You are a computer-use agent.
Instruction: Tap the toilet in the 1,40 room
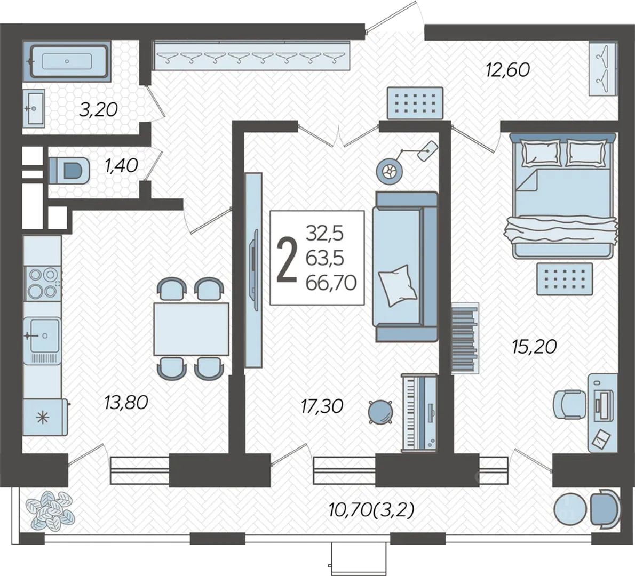tap(69, 171)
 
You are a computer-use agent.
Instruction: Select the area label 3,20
tap(98, 109)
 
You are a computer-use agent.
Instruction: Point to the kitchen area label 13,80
tap(126, 402)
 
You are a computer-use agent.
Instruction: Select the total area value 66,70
tap(331, 282)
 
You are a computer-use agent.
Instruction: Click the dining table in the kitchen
tap(191, 329)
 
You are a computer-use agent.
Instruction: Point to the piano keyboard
tap(419, 412)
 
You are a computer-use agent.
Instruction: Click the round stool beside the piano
tap(380, 412)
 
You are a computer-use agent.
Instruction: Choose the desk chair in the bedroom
tap(569, 404)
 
